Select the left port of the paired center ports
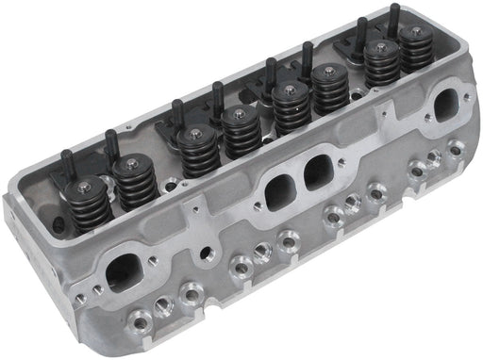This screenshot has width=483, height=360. pyautogui.click(x=276, y=192)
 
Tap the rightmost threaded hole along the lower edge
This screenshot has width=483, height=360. pyautogui.click(x=458, y=147)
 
